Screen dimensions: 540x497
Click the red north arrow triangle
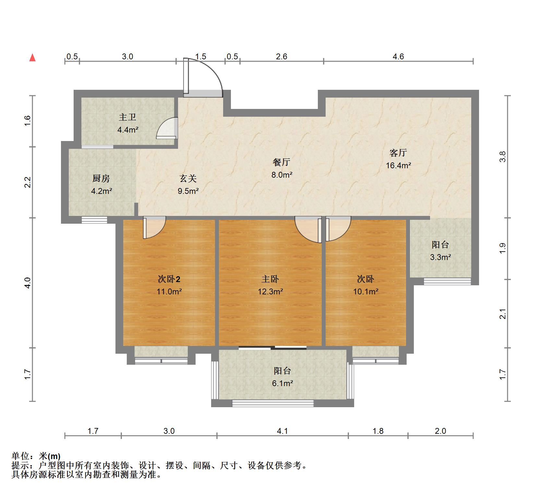[32, 58]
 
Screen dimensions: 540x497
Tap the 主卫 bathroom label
[127, 117]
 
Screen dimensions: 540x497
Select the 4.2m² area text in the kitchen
[102, 191]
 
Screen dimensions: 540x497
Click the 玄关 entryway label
[188, 178]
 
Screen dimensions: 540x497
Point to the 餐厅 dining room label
[282, 162]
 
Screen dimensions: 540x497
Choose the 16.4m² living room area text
[398, 165]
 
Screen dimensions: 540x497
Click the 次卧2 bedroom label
[169, 279]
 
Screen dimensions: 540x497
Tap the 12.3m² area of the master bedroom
[270, 291]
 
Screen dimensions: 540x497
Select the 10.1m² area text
[366, 291]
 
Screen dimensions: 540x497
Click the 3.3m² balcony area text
[440, 257]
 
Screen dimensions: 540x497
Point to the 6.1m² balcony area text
[282, 384]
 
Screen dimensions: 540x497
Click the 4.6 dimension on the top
[398, 57]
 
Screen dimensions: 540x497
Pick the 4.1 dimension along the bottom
[282, 431]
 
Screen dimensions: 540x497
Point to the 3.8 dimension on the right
[502, 157]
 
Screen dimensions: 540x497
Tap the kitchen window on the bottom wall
[94, 220]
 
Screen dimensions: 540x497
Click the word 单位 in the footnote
[20, 456]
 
